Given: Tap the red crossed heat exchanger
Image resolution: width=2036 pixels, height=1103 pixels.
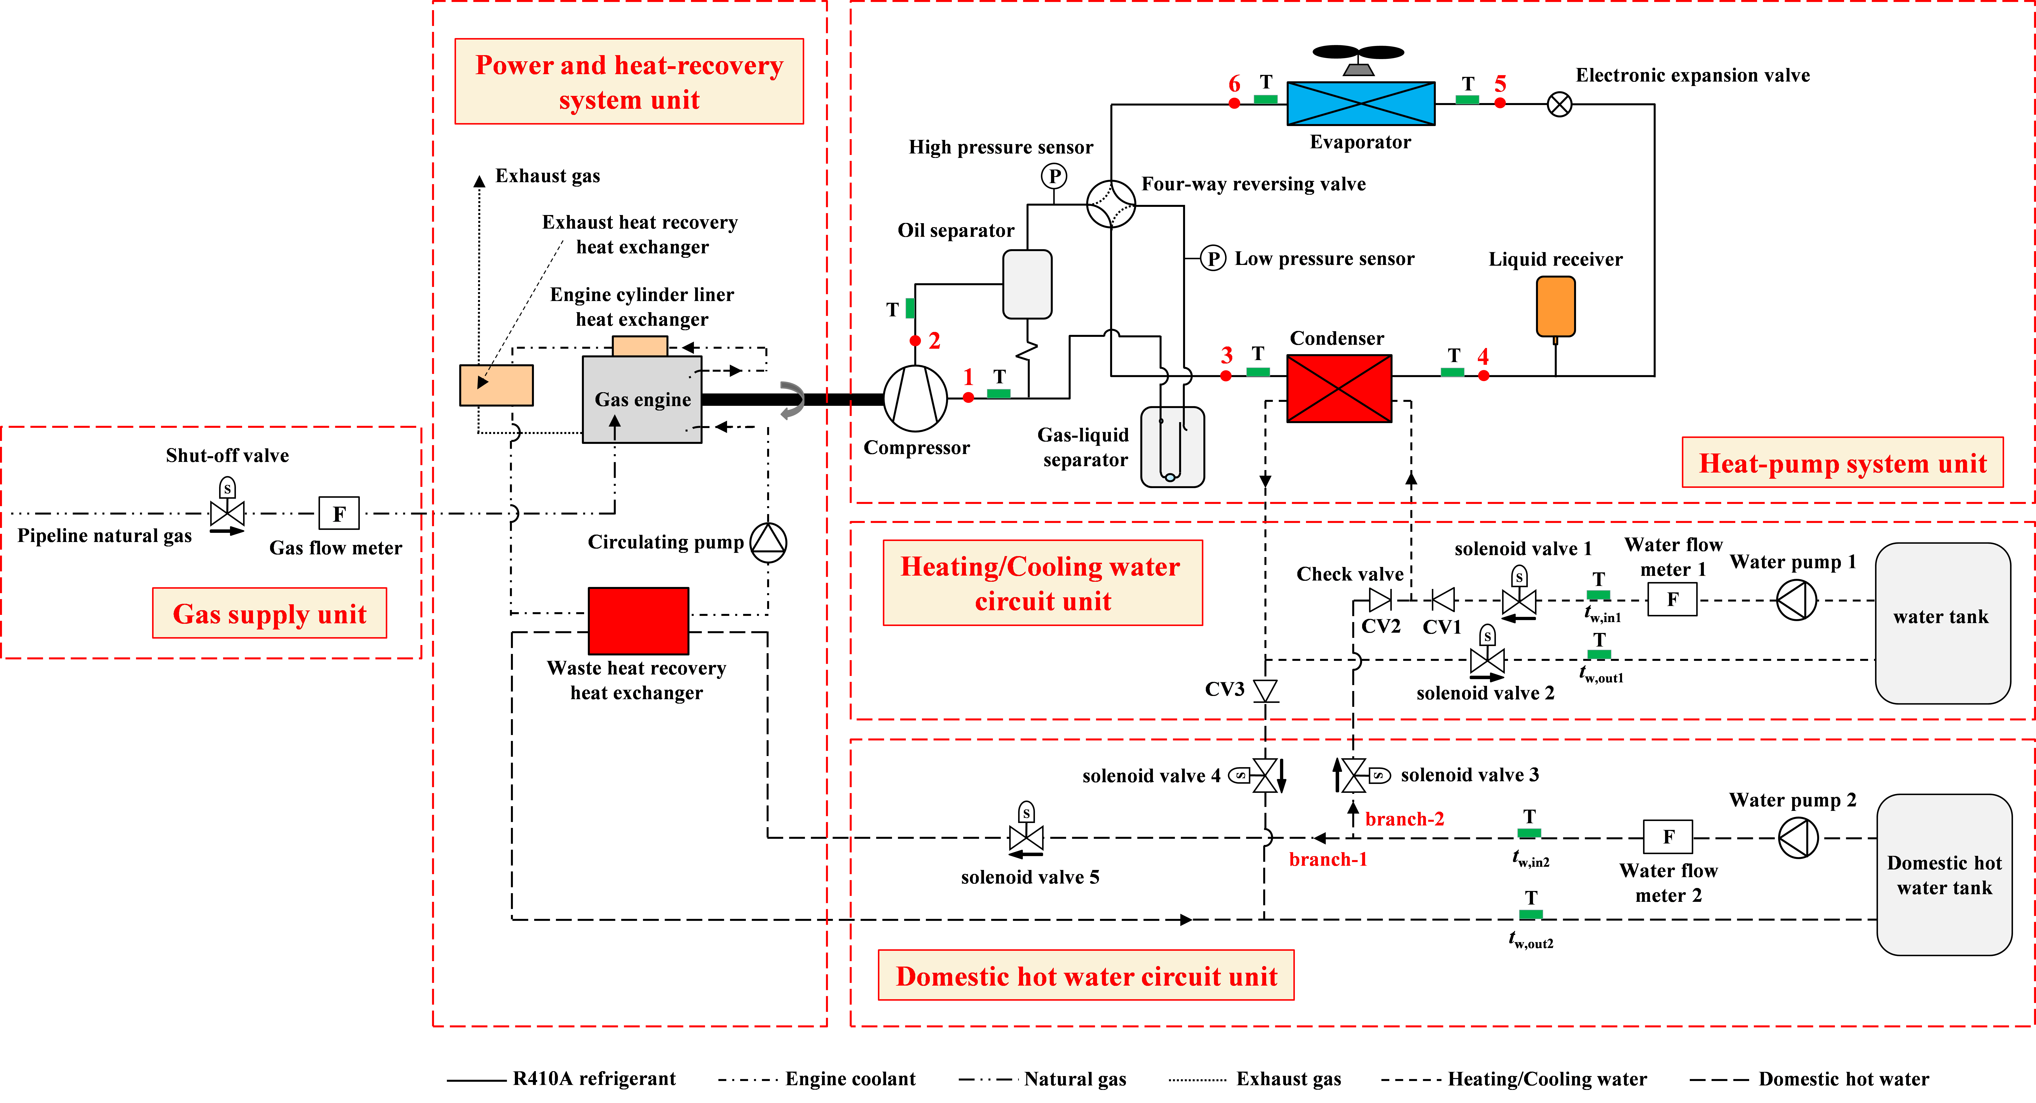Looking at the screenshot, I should tap(1339, 388).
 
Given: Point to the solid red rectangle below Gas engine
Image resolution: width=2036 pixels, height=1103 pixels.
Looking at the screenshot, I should tap(638, 621).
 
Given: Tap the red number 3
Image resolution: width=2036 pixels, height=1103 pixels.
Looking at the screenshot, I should tap(1227, 355).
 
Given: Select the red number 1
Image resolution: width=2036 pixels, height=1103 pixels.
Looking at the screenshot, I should tap(968, 377).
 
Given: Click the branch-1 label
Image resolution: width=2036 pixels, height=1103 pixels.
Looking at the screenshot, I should tap(1328, 860).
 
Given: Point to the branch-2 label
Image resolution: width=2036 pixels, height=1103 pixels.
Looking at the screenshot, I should tap(1404, 819).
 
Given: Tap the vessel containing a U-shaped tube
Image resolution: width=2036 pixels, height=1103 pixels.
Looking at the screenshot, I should tap(1172, 446).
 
